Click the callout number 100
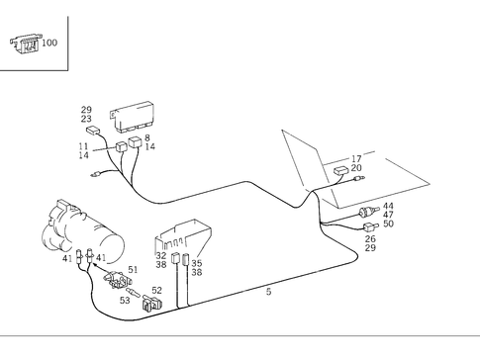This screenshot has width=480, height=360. [49, 43]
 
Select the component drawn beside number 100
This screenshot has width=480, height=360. [25, 45]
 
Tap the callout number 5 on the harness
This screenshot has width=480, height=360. [269, 292]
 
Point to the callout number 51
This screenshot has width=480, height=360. [133, 270]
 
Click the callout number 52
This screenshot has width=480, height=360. [156, 291]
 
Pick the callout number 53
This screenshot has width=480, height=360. [125, 301]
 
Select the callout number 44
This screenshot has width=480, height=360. [388, 207]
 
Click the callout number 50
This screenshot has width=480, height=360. [388, 224]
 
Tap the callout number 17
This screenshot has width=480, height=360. [356, 159]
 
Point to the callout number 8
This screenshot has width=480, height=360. [147, 137]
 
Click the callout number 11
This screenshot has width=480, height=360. [83, 146]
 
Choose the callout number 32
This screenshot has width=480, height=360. [161, 256]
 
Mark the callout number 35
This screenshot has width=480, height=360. [197, 263]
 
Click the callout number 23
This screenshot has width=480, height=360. [86, 119]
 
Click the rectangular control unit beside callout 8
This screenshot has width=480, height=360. [133, 117]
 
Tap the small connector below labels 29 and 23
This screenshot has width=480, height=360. [93, 131]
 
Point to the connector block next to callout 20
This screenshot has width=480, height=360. [341, 171]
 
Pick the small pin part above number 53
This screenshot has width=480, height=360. [134, 292]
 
